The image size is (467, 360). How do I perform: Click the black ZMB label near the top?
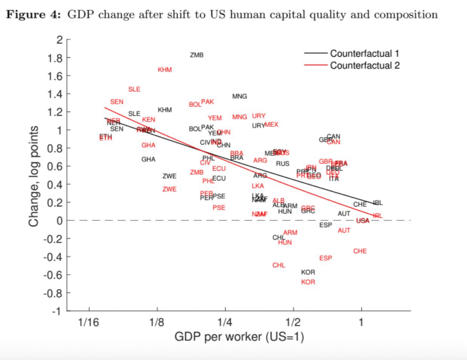click(x=197, y=55)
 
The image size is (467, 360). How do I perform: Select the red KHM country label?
click(x=165, y=70)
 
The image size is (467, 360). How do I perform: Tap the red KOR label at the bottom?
click(x=308, y=282)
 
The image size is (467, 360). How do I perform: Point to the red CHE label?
click(x=360, y=251)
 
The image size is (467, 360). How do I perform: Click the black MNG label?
click(x=239, y=96)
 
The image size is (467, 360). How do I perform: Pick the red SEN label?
click(x=117, y=102)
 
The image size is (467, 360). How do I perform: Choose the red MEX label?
click(x=271, y=125)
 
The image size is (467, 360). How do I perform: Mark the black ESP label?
click(x=326, y=225)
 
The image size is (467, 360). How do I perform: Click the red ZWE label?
click(x=169, y=189)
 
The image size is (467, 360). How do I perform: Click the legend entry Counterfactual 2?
click(x=365, y=65)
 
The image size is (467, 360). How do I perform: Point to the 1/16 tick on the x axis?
click(x=88, y=323)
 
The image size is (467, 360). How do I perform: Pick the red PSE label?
click(x=219, y=208)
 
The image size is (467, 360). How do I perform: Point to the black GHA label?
click(x=148, y=159)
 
